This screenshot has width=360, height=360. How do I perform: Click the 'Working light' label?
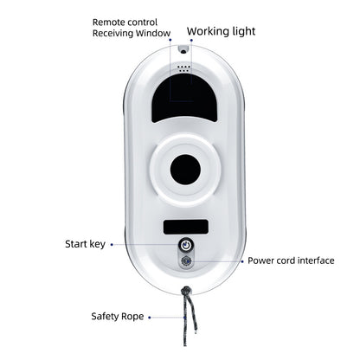[x=221, y=31]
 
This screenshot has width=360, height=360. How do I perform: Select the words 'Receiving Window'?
[x=132, y=33]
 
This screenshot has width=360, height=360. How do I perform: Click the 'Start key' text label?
[x=85, y=244]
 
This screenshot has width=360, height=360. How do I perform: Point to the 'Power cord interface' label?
[x=291, y=260]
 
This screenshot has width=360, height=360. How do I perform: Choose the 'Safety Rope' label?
[x=118, y=317]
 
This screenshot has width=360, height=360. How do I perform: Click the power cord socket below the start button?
[x=186, y=261]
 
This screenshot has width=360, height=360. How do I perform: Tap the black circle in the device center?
[x=185, y=170]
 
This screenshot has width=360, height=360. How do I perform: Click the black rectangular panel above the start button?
[x=186, y=227]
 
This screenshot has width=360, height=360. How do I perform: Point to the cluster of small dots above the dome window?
[x=183, y=68]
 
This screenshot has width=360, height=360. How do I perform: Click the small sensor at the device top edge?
[x=183, y=51]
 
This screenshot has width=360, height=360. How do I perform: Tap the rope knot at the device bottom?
[x=187, y=290]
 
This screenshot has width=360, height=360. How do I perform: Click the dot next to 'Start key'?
[x=112, y=245]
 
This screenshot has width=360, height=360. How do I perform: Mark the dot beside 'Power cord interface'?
[x=242, y=261]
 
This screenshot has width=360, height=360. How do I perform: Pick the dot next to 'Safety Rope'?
[x=150, y=318]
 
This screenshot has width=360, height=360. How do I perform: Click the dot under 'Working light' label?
[x=191, y=41]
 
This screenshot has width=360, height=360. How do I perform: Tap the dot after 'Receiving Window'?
[x=170, y=40]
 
